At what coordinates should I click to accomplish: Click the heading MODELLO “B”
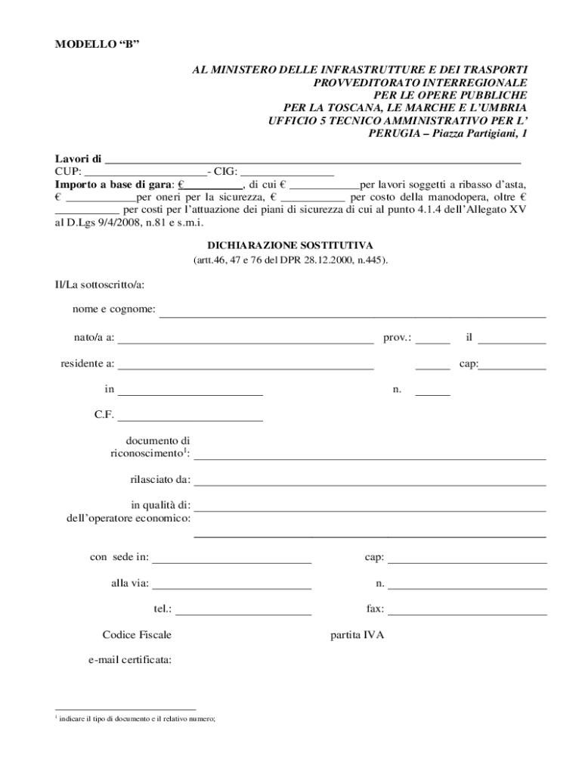click(97, 45)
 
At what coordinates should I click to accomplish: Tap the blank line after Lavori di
click(312, 160)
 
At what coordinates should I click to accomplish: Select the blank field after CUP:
click(144, 172)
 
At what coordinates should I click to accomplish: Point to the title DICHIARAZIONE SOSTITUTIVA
click(290, 246)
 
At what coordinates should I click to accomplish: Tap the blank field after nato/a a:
click(246, 340)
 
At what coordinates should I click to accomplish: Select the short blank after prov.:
click(432, 340)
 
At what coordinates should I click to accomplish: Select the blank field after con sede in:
click(232, 560)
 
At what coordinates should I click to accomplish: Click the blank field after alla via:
click(232, 586)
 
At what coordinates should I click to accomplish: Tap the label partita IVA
click(358, 635)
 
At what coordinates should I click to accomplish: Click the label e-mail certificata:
click(130, 660)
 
